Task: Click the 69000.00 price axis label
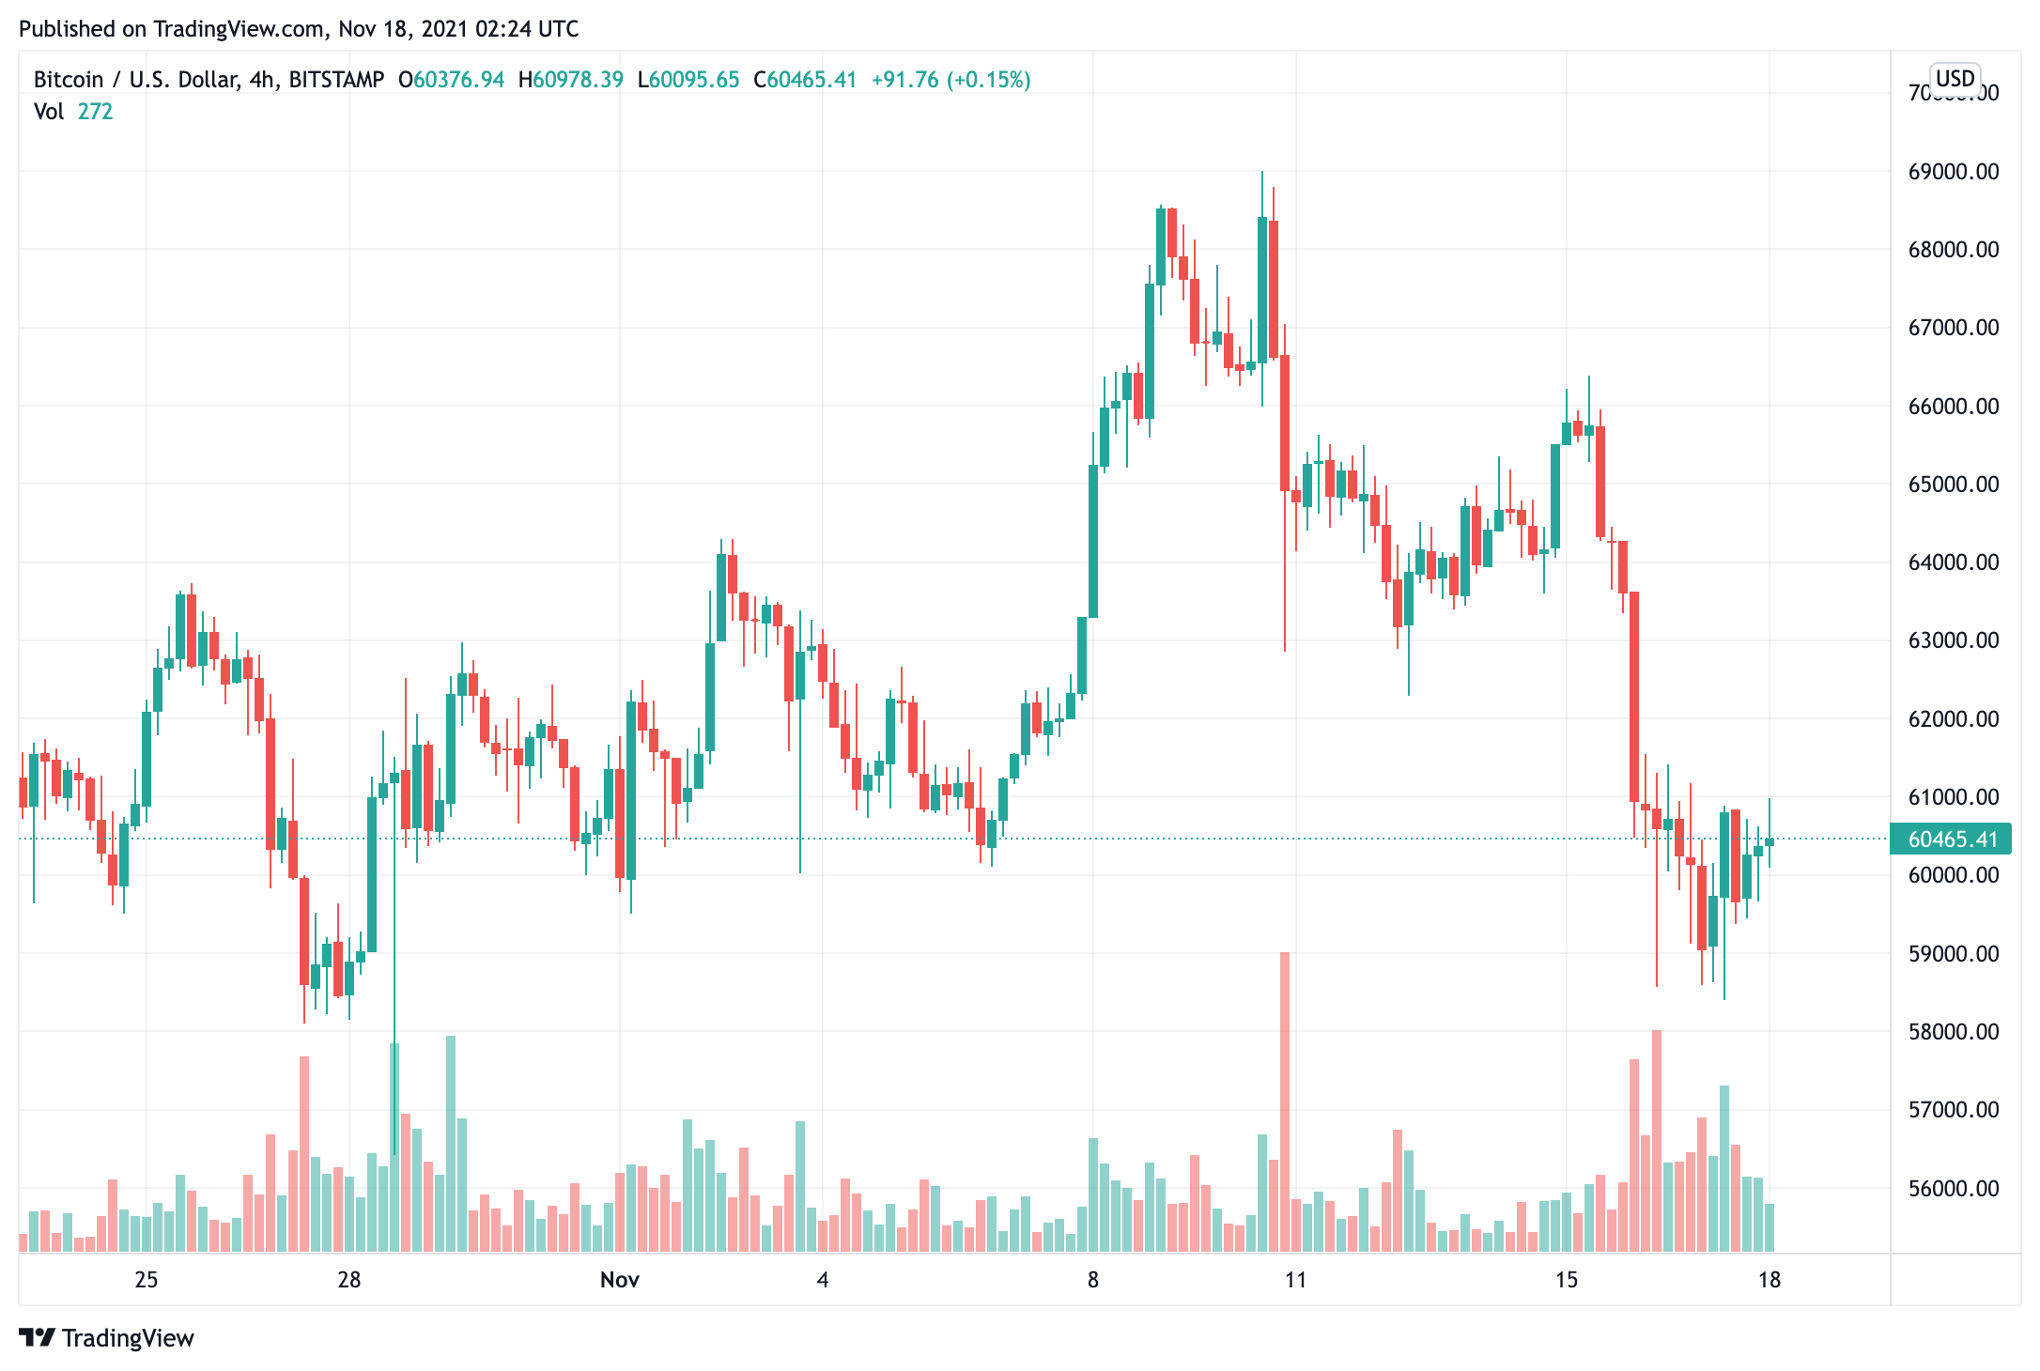1953,172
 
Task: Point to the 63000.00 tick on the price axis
1953,640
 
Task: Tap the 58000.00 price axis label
1953,1032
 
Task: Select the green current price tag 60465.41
1951,840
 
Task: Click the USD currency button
1955,78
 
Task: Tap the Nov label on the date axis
620,1280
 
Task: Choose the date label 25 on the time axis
147,1280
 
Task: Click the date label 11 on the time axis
1296,1280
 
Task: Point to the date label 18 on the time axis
1770,1280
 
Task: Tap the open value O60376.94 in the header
452,80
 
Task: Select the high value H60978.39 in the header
571,80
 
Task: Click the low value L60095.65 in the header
688,80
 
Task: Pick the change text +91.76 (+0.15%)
950,80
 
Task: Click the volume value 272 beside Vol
95,112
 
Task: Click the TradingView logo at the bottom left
106,1337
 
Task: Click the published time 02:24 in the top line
507,29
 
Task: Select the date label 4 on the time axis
823,1280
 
